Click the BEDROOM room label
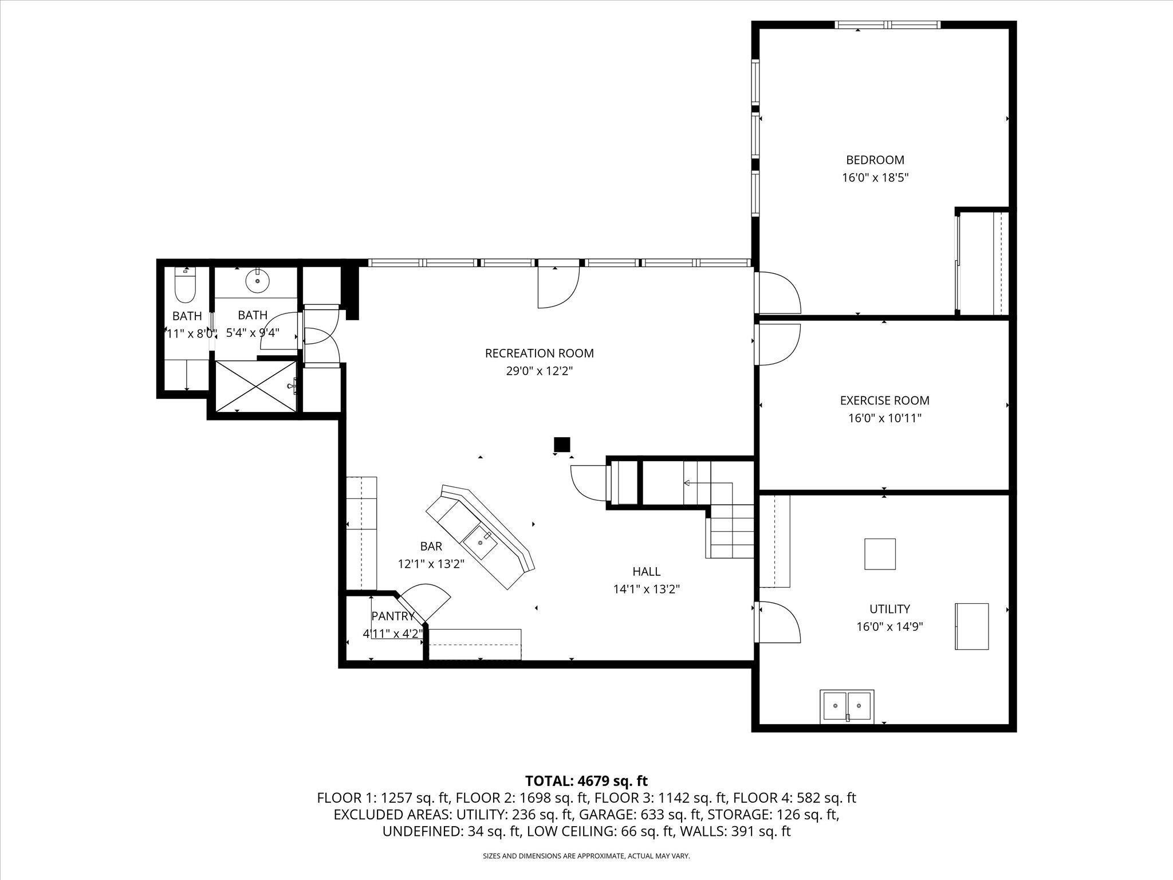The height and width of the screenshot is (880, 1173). [875, 160]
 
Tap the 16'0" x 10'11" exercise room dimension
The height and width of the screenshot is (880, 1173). [884, 419]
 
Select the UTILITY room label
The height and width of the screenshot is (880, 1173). [889, 609]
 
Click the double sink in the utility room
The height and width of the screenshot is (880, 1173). [847, 706]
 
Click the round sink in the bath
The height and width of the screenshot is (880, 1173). [257, 280]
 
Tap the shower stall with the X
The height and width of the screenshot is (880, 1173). [256, 386]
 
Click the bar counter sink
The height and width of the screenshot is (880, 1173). [480, 541]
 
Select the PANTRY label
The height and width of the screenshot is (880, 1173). [393, 616]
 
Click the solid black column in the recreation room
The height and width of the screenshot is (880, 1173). [562, 444]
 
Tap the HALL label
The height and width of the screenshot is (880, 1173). [646, 571]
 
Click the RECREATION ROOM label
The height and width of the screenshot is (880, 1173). [539, 353]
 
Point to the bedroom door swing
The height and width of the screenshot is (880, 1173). [777, 292]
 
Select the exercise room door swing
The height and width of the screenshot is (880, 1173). [777, 344]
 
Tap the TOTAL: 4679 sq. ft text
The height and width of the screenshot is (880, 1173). [586, 781]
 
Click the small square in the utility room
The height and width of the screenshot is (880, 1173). [880, 554]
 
